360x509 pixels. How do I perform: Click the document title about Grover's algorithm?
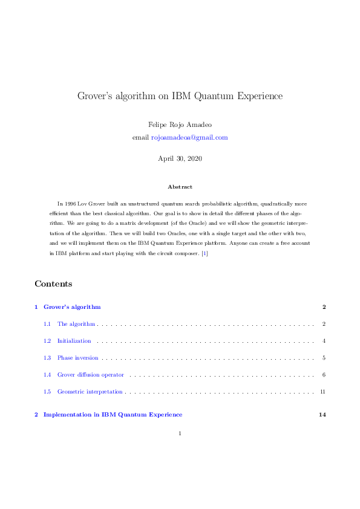pyautogui.click(x=180, y=96)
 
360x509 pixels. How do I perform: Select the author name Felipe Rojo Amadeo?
pyautogui.click(x=180, y=124)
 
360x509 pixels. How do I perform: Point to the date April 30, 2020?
pyautogui.click(x=180, y=159)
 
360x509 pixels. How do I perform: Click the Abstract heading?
pyautogui.click(x=180, y=187)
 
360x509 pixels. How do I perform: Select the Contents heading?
pyautogui.click(x=53, y=284)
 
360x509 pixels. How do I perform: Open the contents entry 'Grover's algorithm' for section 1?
pyautogui.click(x=72, y=307)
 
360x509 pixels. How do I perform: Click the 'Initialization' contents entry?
pyautogui.click(x=74, y=341)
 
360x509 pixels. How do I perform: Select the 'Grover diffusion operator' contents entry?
pyautogui.click(x=90, y=375)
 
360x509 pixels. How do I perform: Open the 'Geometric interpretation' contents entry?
pyautogui.click(x=90, y=392)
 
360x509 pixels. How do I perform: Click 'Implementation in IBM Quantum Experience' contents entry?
pyautogui.click(x=113, y=415)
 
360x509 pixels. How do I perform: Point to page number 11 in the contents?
pyautogui.click(x=322, y=392)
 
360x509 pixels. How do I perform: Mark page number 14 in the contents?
pyautogui.click(x=322, y=415)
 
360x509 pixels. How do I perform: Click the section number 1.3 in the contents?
pyautogui.click(x=47, y=358)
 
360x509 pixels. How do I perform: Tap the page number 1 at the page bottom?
pyautogui.click(x=180, y=433)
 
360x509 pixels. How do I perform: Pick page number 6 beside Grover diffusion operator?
pyautogui.click(x=324, y=375)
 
